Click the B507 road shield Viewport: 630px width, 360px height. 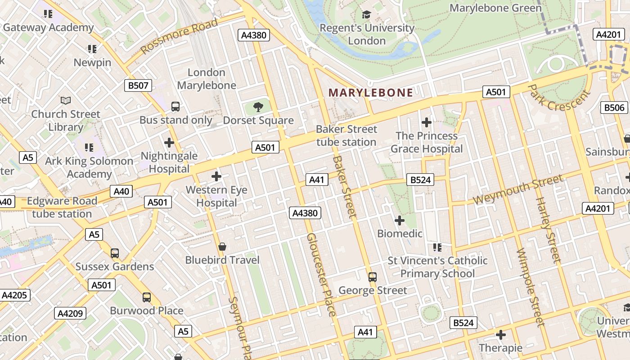click(138, 85)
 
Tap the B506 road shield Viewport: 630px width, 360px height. click(614, 108)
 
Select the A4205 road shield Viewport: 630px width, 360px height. click(15, 295)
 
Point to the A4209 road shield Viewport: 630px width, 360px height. click(70, 313)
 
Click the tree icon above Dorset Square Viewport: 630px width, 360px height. click(258, 107)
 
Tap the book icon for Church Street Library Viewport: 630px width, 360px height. click(66, 101)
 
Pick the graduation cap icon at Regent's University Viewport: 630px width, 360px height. click(367, 15)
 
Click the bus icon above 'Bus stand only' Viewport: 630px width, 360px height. click(175, 107)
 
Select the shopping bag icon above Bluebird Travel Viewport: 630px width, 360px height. click(222, 247)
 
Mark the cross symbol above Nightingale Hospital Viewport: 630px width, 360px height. click(169, 143)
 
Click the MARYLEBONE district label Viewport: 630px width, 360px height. click(370, 93)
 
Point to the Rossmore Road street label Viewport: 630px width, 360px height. click(179, 36)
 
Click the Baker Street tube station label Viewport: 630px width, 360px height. click(346, 135)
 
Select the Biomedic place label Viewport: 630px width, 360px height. click(400, 234)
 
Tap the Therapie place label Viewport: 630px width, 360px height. click(500, 348)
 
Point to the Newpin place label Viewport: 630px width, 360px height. click(92, 62)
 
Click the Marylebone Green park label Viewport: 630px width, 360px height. click(495, 8)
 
